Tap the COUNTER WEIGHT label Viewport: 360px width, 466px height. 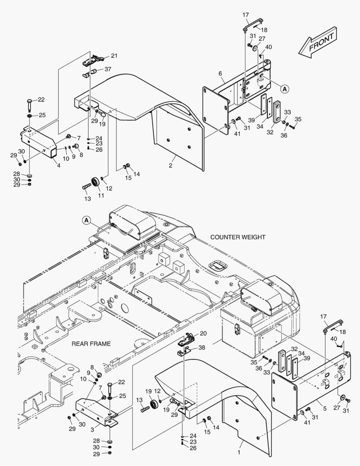click(238, 237)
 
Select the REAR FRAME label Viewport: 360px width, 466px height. click(91, 344)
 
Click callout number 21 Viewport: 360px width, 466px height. click(114, 56)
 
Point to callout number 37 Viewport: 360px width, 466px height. click(108, 69)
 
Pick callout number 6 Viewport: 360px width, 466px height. click(220, 73)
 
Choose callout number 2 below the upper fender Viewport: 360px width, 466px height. click(170, 166)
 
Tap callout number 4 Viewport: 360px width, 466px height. click(59, 166)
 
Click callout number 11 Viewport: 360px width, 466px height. click(101, 195)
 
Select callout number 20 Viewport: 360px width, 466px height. click(203, 334)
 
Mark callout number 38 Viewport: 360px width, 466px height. click(202, 347)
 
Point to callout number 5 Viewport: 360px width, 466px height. click(325, 409)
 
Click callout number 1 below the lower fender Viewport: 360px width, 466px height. click(239, 453)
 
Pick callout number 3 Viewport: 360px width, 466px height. click(92, 430)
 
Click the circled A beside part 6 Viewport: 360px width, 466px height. click(285, 88)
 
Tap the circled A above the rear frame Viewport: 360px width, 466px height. click(86, 220)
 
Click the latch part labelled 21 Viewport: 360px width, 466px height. click(93, 60)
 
